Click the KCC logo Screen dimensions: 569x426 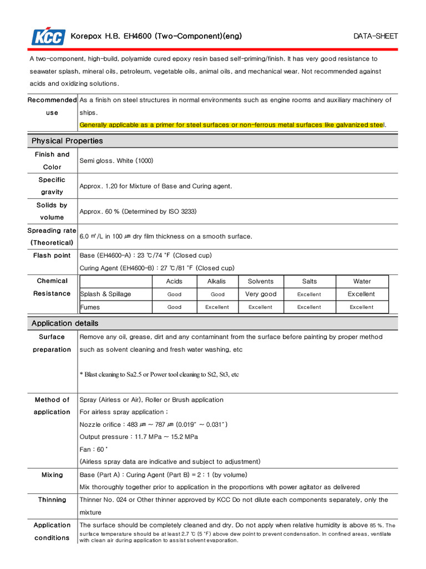(48, 37)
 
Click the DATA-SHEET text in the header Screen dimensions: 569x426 (376, 37)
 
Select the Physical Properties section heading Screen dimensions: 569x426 (67, 141)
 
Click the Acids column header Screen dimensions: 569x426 (174, 282)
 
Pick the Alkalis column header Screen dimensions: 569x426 (216, 282)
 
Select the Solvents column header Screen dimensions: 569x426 (260, 282)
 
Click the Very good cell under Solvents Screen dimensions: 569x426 (260, 295)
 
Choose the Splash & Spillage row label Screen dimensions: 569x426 (106, 295)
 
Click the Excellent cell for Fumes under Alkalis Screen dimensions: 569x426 (217, 307)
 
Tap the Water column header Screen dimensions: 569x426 (362, 282)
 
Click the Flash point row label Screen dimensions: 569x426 (52, 256)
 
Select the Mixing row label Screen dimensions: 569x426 (52, 475)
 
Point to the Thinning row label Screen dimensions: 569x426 (52, 500)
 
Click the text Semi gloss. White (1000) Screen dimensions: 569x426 (116, 161)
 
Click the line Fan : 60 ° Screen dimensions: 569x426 (94, 450)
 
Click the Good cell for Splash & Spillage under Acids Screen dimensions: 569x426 (174, 295)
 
